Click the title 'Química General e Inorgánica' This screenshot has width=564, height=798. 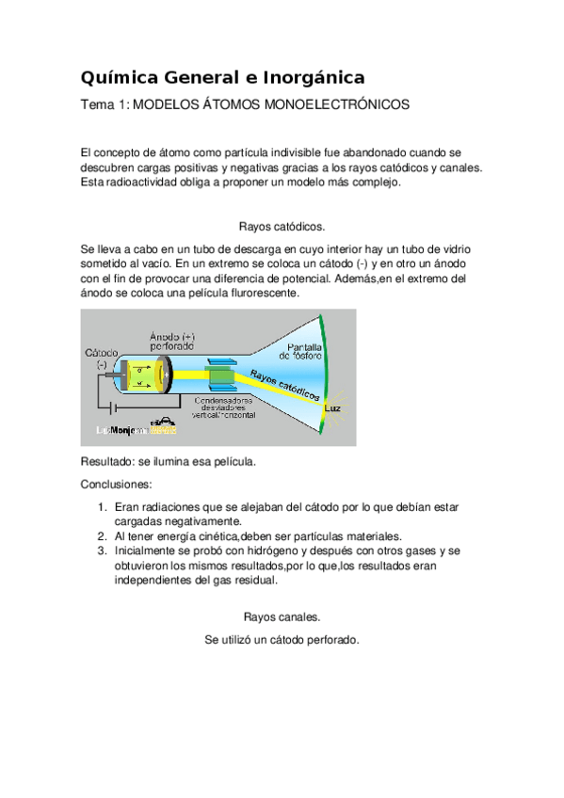click(222, 76)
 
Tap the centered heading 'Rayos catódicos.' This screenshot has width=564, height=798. click(282, 226)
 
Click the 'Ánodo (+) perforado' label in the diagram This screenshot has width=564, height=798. click(172, 340)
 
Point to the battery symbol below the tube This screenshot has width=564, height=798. click(113, 408)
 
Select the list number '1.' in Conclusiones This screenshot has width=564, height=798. click(103, 507)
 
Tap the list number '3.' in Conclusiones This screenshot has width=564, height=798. click(103, 551)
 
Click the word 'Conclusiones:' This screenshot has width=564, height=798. click(116, 485)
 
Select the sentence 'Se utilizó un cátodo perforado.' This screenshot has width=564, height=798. click(282, 640)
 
